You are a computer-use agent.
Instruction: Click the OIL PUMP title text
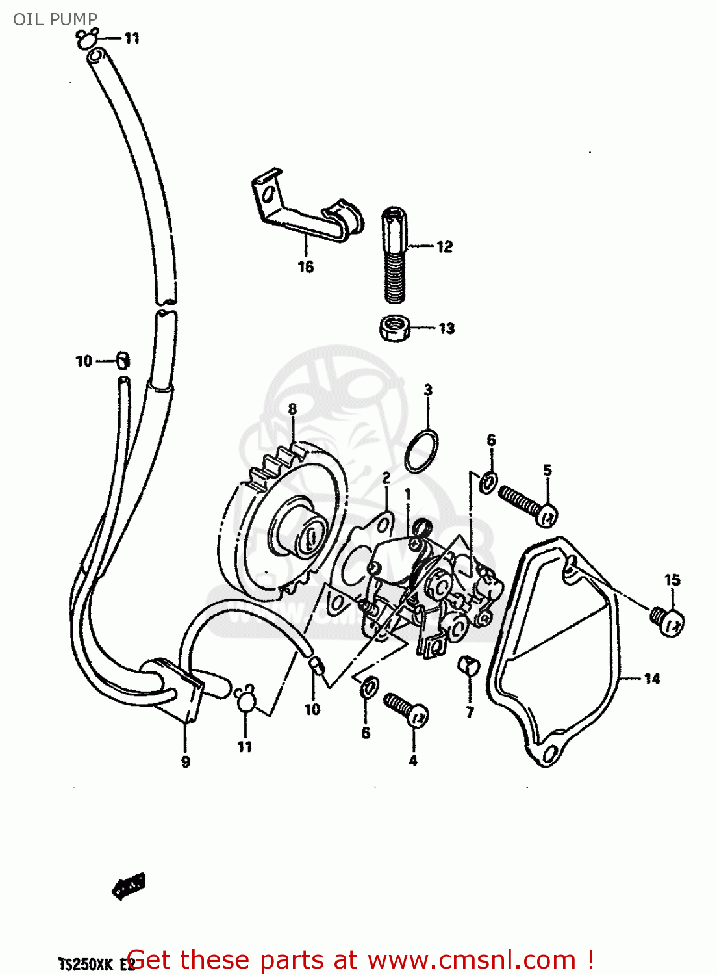click(55, 19)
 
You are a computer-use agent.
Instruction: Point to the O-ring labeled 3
click(421, 450)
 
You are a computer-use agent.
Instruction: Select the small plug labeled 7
click(468, 665)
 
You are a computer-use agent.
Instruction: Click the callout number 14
click(651, 679)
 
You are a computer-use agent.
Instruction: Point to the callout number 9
click(186, 761)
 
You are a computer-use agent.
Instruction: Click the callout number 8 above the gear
click(292, 409)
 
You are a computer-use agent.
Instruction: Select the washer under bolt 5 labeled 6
click(489, 482)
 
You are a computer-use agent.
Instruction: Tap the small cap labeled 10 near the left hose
click(123, 360)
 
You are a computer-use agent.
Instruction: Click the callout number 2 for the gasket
click(386, 478)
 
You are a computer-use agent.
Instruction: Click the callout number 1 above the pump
click(408, 495)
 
